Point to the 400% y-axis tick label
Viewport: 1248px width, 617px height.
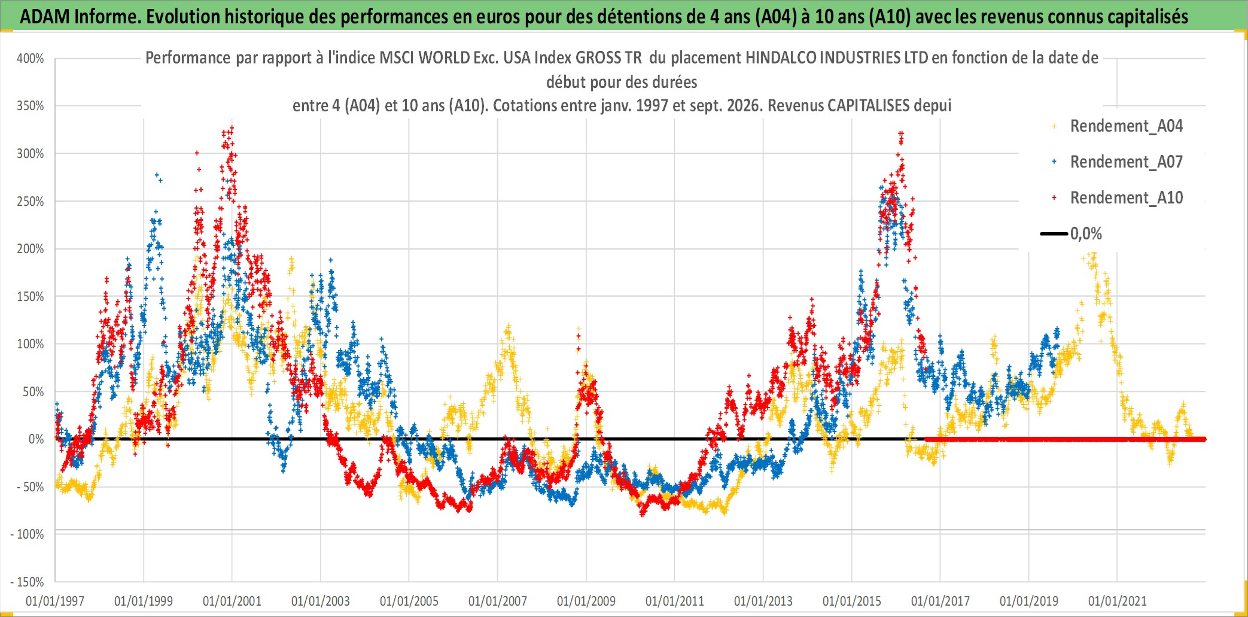(31, 59)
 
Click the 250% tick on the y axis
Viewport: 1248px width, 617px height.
(31, 202)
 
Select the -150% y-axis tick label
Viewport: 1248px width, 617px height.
(28, 582)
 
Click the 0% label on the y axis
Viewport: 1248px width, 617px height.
(36, 439)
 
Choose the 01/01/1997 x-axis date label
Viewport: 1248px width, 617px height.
(55, 601)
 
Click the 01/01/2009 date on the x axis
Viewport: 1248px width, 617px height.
(586, 601)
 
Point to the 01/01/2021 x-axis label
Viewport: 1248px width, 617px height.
(1118, 601)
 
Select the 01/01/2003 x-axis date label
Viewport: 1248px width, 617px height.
(321, 601)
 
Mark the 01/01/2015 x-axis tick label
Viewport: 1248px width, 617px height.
(852, 601)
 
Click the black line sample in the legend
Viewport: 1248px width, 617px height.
(1054, 234)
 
